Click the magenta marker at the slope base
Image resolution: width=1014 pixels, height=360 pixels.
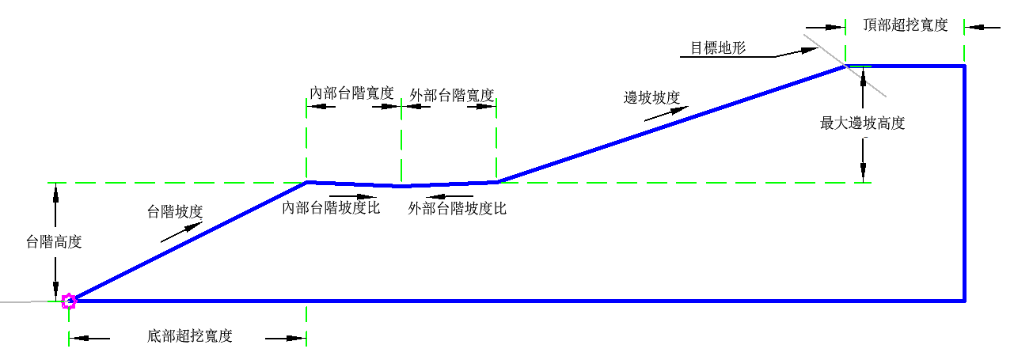[x=69, y=301]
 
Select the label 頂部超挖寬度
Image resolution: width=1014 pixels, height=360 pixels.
[x=906, y=25]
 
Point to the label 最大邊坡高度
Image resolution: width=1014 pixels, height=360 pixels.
[x=863, y=123]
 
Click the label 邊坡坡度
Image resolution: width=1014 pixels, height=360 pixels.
[x=652, y=97]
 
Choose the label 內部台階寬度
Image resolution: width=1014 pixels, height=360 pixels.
[x=352, y=93]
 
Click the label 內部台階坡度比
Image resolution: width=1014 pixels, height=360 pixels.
[x=332, y=208]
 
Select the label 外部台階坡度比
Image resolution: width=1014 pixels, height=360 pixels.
[x=457, y=209]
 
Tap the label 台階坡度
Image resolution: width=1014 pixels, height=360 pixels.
[x=176, y=211]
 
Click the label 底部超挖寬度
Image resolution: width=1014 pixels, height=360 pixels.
[x=190, y=335]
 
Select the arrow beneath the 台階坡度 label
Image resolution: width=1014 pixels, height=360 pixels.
[x=181, y=231]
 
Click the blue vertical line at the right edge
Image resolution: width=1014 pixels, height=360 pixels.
[x=964, y=182]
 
